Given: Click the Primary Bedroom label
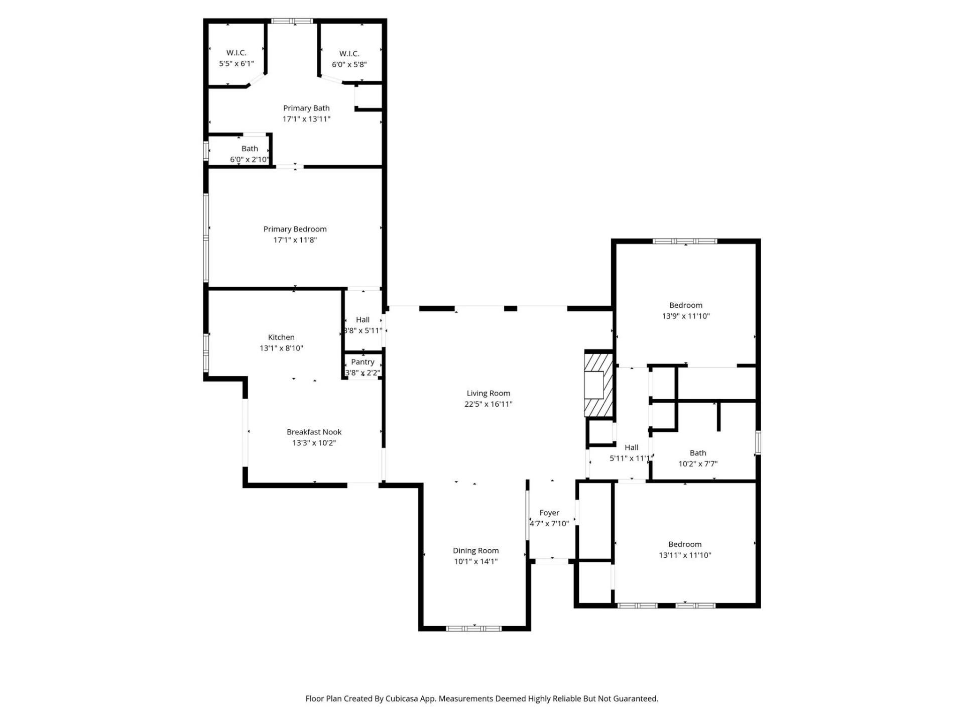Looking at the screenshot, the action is coord(295,229).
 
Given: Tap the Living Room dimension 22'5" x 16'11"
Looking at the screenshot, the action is coord(488,404).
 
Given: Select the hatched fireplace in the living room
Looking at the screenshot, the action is coord(598,385).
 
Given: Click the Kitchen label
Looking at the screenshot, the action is coord(281,337).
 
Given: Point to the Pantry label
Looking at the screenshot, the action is coord(363,362).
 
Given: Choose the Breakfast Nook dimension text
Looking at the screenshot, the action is coord(314,443).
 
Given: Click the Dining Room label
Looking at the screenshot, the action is coord(475,551).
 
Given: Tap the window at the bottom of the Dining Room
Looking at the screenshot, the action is coord(474,628).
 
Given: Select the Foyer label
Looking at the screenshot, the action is coord(549,513).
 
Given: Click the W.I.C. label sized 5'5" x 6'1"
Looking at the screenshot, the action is coord(236,53).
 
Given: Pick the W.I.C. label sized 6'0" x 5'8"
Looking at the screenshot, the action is coord(349,54).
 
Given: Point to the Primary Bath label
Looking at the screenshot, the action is coord(306,108).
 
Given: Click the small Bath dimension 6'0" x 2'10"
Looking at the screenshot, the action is coord(250,160).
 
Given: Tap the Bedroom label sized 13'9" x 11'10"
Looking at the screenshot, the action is coord(686,305).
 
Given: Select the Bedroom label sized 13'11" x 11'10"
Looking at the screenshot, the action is coord(685,544).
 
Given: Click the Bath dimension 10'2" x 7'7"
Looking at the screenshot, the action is coord(698,464).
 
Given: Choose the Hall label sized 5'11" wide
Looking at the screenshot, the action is coord(632,447).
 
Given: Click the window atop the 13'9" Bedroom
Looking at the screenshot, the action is coord(685,242).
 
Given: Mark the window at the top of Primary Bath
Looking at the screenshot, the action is coord(292,21).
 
